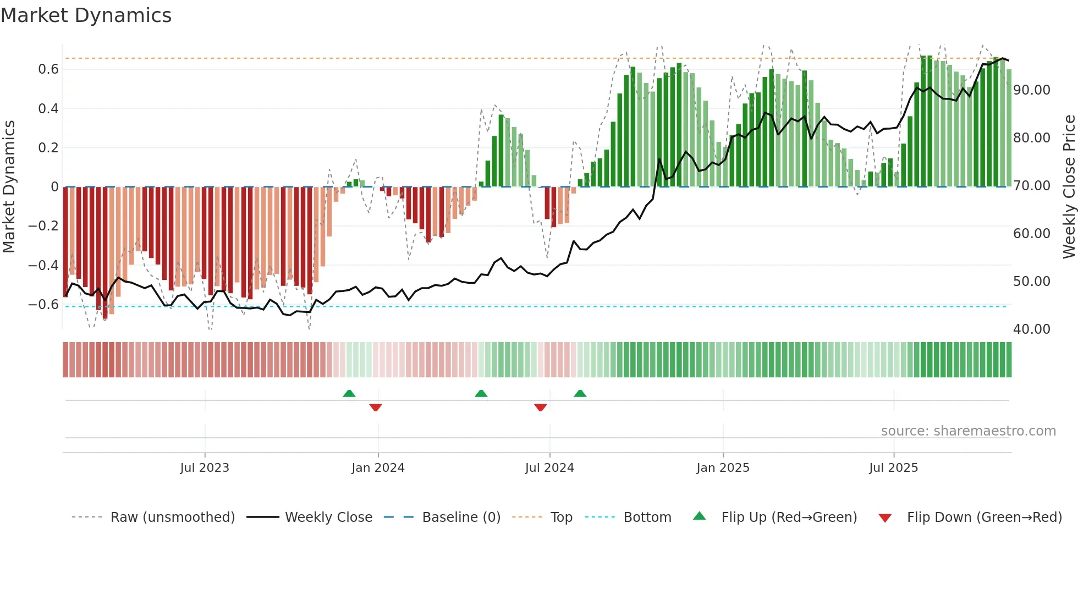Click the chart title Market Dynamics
pos(86,15)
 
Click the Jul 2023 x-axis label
pos(205,468)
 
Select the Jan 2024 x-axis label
pos(378,468)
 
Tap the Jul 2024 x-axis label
pos(549,468)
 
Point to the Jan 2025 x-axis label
pos(723,468)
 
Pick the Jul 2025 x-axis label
pos(893,468)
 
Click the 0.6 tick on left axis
pos(48,69)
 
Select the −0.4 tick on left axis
pos(43,265)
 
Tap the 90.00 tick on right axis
pos(1032,90)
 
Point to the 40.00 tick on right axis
pos(1032,329)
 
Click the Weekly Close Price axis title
pos(1069,187)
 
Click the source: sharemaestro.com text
pos(968,431)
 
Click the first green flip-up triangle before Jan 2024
pos(349,393)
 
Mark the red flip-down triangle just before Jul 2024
pos(541,407)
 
